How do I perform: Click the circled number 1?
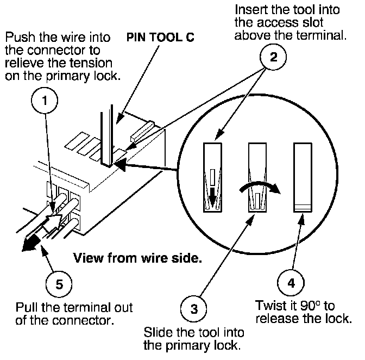point(45,101)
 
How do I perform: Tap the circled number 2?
point(273,57)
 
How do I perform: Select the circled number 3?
point(194,309)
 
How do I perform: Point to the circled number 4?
point(291,283)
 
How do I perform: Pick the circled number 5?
point(59,284)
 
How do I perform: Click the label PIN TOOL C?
point(160,38)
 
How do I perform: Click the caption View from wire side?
point(137,258)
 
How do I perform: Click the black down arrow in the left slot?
point(212,195)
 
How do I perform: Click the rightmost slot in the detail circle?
point(303,177)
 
